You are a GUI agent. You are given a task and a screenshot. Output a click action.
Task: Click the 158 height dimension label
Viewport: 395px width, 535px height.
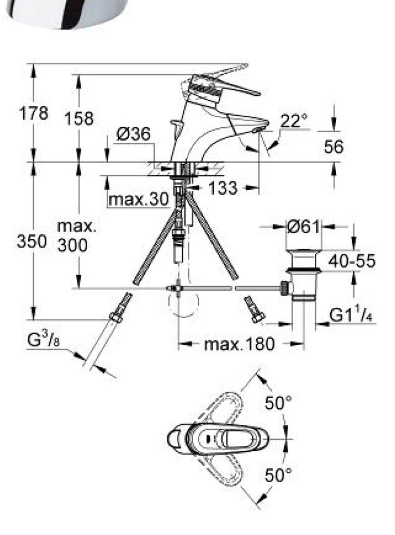pyautogui.click(x=79, y=119)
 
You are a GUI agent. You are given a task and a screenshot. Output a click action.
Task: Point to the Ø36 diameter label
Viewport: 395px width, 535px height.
pyautogui.click(x=133, y=134)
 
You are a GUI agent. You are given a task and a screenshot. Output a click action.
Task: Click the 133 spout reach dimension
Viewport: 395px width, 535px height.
pyautogui.click(x=223, y=188)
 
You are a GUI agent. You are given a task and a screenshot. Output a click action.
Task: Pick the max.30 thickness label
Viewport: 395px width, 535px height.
pyautogui.click(x=138, y=199)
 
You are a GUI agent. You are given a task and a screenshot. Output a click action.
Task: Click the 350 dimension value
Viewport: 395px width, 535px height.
pyautogui.click(x=32, y=241)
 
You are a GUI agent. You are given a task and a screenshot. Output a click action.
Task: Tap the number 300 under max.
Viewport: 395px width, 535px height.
pyautogui.click(x=72, y=246)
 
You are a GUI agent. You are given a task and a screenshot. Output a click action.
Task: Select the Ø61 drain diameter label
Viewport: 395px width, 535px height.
pyautogui.click(x=303, y=227)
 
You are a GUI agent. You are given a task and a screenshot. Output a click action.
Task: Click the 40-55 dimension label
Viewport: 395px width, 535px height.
pyautogui.click(x=352, y=261)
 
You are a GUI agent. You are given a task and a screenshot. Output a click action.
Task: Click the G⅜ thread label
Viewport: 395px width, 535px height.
pyautogui.click(x=44, y=340)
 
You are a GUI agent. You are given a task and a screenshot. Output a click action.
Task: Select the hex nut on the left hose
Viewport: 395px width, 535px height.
pyautogui.click(x=116, y=317)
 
